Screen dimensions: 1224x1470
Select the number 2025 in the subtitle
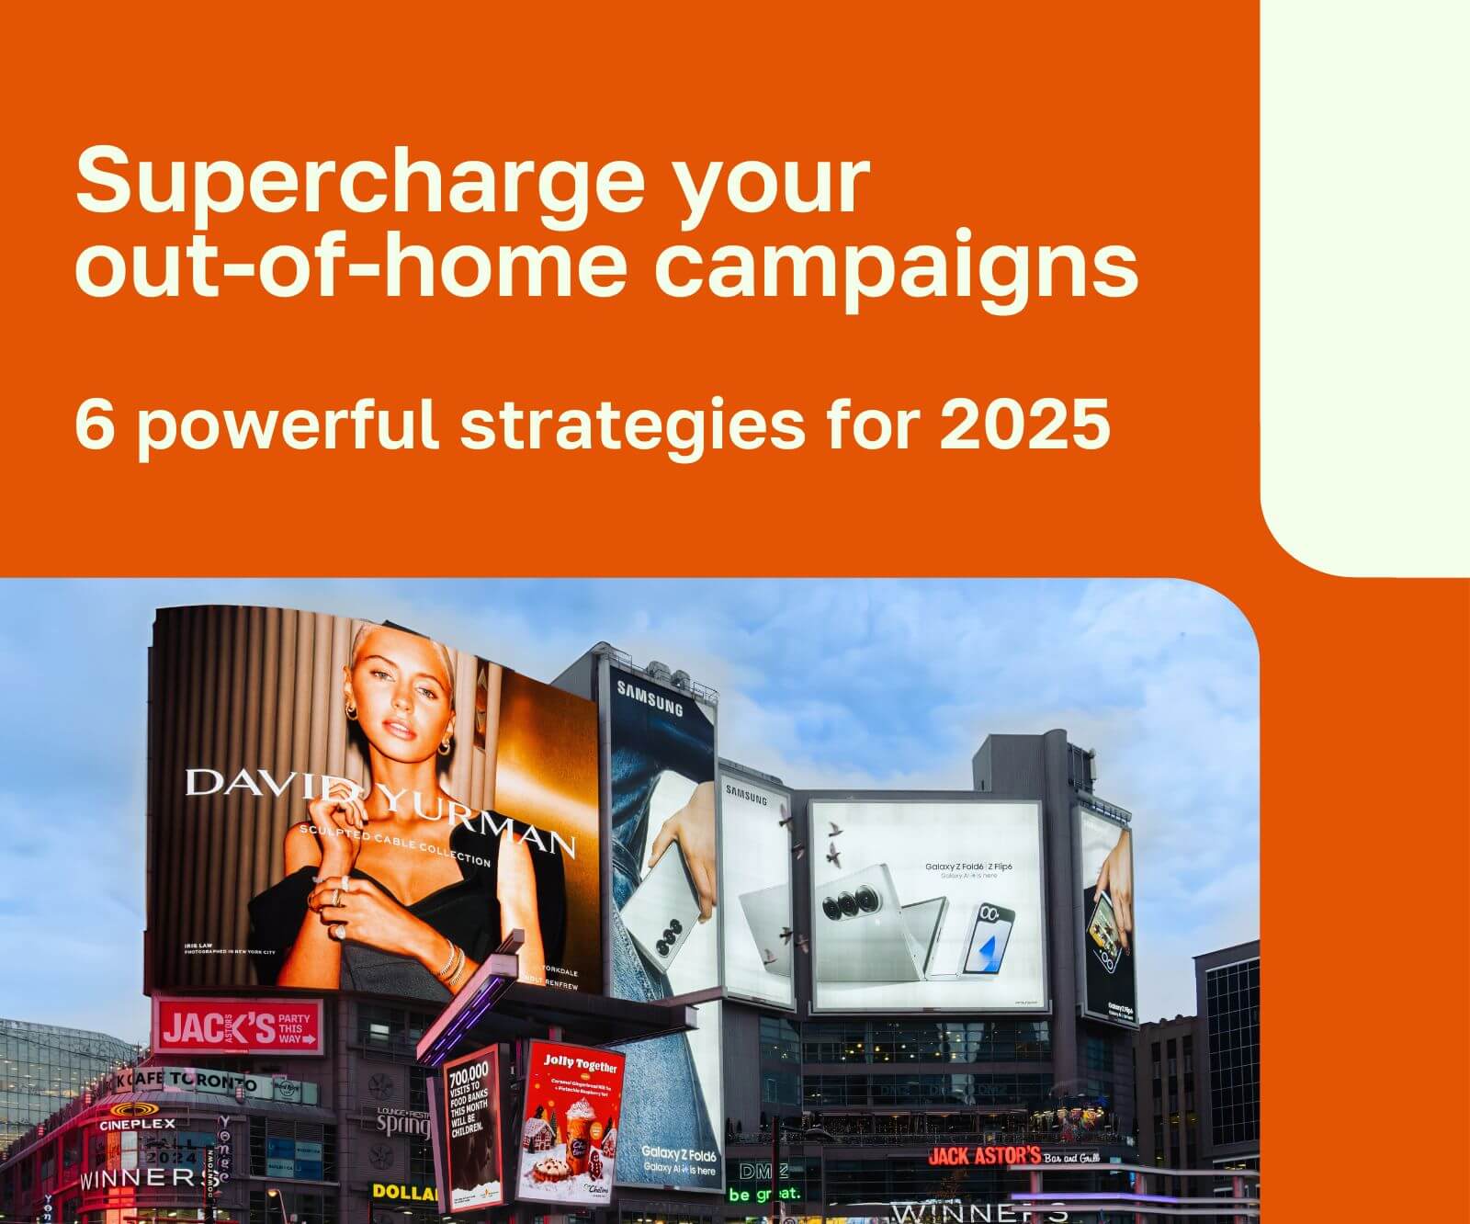(1023, 425)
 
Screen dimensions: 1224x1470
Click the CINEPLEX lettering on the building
(137, 1123)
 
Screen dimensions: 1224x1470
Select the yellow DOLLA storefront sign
(404, 1192)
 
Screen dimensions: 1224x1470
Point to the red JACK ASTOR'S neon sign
(984, 1155)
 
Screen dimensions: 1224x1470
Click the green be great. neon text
(764, 1195)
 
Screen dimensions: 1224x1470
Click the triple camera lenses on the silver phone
(845, 907)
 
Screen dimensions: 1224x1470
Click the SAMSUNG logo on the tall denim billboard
(650, 698)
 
